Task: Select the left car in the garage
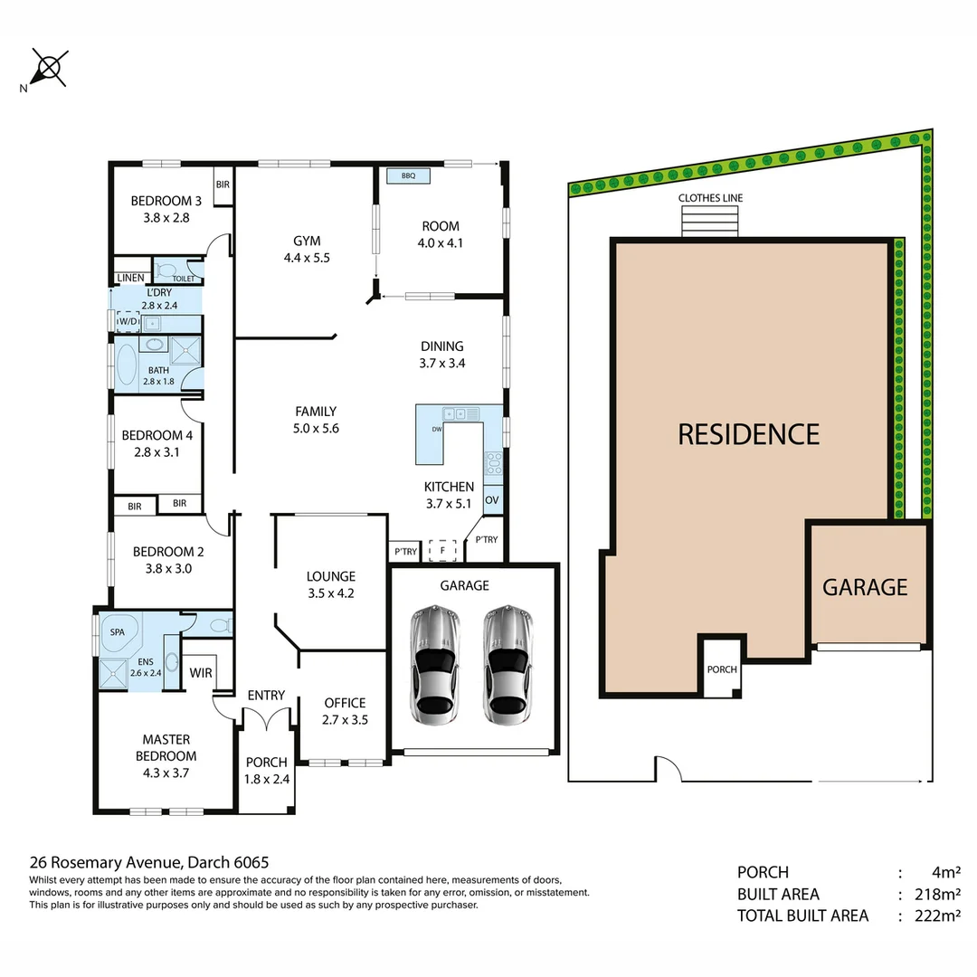click(435, 665)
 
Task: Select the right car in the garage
click(507, 665)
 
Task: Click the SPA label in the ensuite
click(118, 632)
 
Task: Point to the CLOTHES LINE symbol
click(709, 221)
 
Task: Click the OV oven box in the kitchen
click(492, 499)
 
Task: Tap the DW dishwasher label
click(437, 430)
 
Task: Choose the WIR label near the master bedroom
click(201, 673)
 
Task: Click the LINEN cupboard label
click(129, 278)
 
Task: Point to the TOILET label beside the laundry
click(183, 280)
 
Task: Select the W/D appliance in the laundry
click(128, 321)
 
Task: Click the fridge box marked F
click(442, 549)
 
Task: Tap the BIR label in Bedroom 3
click(223, 184)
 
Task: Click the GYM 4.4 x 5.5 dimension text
click(307, 257)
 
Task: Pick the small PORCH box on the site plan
click(722, 669)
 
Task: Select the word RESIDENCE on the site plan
click(748, 434)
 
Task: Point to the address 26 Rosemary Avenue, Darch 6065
click(149, 863)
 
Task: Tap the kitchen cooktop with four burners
click(494, 464)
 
